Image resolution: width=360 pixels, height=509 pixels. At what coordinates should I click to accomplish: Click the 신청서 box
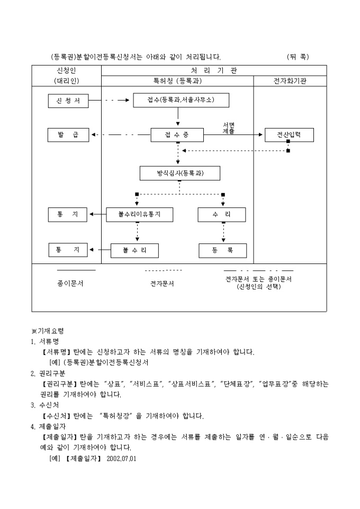tap(67, 99)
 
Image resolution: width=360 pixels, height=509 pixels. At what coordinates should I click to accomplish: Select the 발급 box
tap(67, 135)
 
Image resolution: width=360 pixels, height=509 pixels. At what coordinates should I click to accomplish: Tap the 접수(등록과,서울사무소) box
tap(181, 99)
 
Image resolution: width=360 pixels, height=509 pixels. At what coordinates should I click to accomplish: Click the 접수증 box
tap(177, 135)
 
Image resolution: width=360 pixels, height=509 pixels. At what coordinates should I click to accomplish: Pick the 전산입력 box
tap(289, 135)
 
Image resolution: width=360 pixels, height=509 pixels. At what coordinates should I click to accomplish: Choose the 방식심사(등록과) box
tap(180, 173)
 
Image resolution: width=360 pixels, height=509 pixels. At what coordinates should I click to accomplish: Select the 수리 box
tap(222, 214)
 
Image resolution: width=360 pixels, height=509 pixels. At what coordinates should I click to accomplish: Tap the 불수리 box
tap(134, 250)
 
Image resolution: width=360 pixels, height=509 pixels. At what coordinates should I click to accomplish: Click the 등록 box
tap(222, 250)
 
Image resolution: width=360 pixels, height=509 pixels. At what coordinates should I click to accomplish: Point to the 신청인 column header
tap(67, 70)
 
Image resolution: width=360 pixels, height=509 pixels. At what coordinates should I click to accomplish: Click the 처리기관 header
tap(214, 70)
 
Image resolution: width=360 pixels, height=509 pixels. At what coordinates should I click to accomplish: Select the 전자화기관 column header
tap(290, 81)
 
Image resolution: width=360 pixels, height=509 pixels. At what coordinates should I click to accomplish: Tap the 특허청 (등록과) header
tap(177, 81)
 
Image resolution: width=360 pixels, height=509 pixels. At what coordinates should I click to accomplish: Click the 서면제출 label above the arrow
tap(229, 128)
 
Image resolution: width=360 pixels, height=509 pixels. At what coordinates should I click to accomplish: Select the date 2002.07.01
tap(121, 458)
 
